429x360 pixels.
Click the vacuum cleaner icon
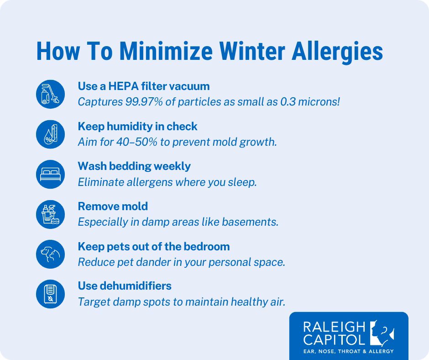pyautogui.click(x=51, y=94)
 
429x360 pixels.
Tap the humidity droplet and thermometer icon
pyautogui.click(x=51, y=134)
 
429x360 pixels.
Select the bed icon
pyautogui.click(x=51, y=174)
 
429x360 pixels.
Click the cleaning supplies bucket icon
pyautogui.click(x=51, y=214)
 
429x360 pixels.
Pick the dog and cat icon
pyautogui.click(x=51, y=254)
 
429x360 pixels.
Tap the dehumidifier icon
pyautogui.click(x=51, y=294)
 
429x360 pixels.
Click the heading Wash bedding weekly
pyautogui.click(x=134, y=166)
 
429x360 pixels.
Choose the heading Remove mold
pyautogui.click(x=113, y=206)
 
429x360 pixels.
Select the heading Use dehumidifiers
pyautogui.click(x=125, y=286)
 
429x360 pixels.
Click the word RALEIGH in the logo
pyautogui.click(x=335, y=327)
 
